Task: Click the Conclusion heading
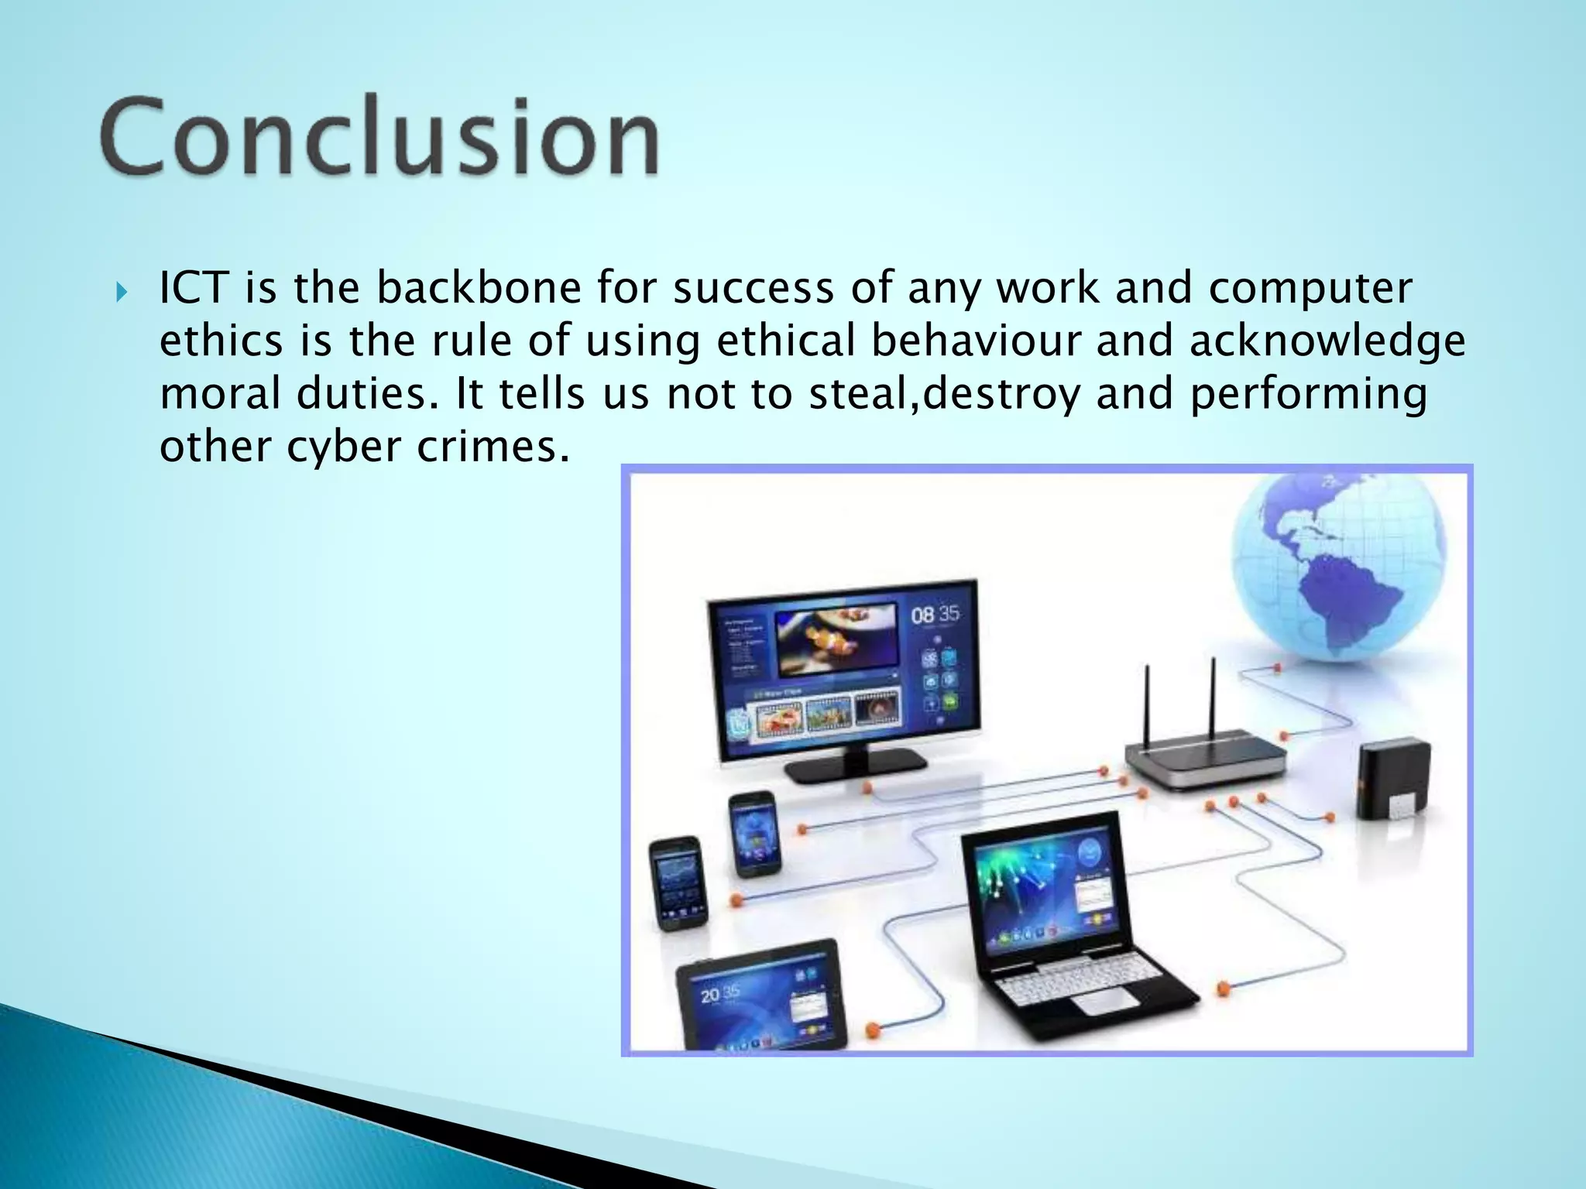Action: point(379,138)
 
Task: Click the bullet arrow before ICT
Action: point(121,293)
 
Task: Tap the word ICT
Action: point(193,288)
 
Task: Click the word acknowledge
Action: point(1327,341)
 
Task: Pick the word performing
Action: point(1308,394)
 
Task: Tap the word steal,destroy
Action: point(944,394)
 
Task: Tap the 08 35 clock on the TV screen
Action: point(935,615)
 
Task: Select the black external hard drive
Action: point(1392,778)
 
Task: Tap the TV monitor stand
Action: point(855,766)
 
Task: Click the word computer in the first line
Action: point(1310,288)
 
